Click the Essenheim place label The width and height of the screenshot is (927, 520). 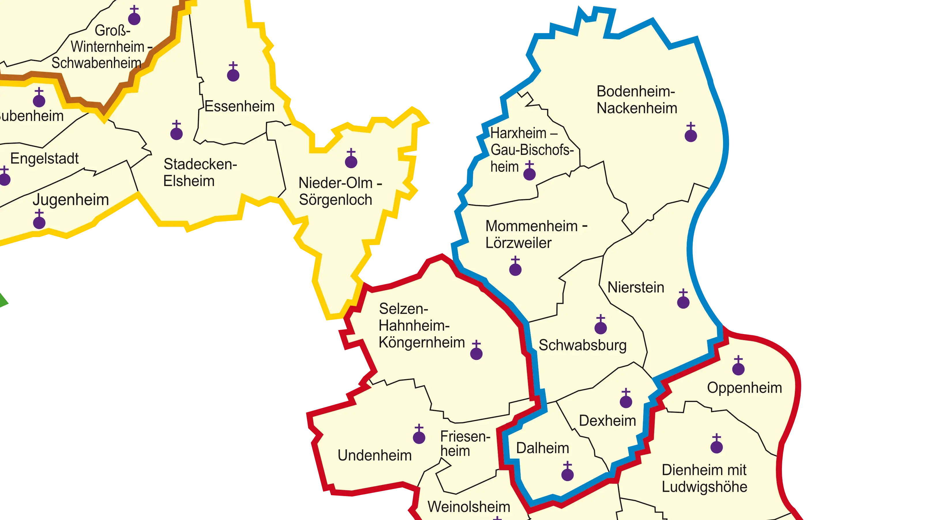click(240, 106)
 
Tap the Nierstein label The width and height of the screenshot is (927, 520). click(635, 287)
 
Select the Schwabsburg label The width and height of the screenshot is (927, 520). click(583, 345)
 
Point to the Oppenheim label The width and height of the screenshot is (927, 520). click(744, 388)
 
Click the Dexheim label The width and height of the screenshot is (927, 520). click(607, 420)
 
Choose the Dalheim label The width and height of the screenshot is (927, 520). click(543, 448)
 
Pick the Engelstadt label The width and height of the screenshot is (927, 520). click(44, 158)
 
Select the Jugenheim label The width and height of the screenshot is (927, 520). click(71, 200)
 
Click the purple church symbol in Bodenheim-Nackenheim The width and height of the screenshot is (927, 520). click(690, 134)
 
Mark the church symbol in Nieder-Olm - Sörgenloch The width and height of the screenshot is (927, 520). click(351, 160)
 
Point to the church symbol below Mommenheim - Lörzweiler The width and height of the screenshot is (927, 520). click(515, 267)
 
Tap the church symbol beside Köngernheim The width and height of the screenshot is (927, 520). click(476, 352)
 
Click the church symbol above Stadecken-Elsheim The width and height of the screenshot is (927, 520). click(176, 132)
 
